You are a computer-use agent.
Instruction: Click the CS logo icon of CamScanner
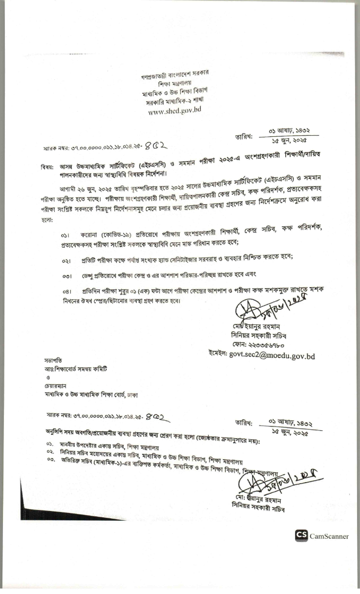point(301,536)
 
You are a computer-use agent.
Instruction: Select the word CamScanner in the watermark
point(329,536)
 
